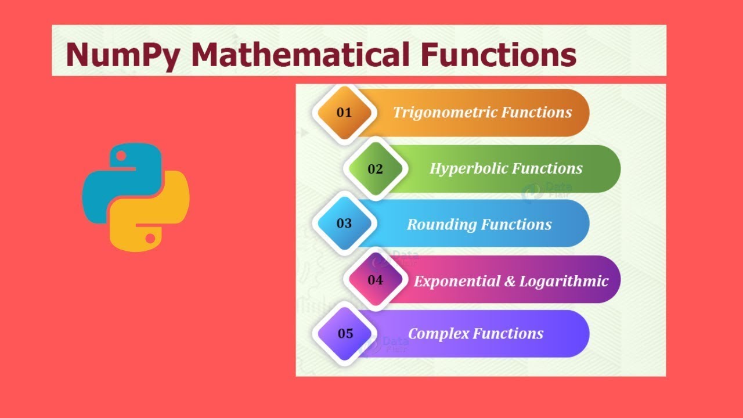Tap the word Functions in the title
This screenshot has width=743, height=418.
498,55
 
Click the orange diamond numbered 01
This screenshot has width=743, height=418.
344,113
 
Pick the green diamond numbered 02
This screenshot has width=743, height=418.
375,169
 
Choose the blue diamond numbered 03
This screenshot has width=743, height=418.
344,224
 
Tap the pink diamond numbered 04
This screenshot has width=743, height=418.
375,280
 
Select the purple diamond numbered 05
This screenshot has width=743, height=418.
345,333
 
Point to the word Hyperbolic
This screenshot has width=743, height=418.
466,169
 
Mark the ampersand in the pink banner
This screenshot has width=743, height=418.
510,282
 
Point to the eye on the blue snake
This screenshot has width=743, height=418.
121,156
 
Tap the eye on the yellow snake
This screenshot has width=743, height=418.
150,238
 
